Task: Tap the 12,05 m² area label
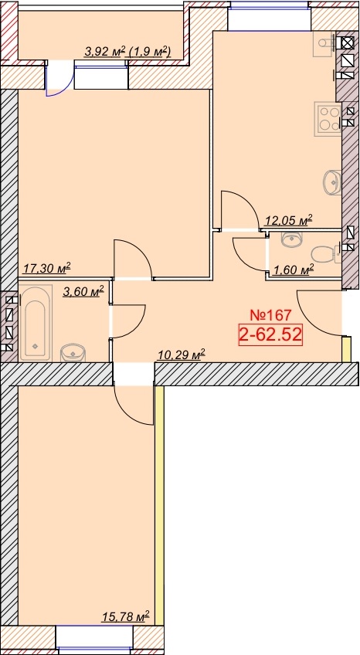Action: coord(289,220)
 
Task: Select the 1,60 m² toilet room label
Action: coord(293,271)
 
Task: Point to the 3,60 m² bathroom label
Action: coord(83,291)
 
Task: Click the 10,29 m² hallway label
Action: coord(182,355)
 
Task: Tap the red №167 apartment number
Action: coord(270,314)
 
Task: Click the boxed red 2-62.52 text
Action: coord(270,334)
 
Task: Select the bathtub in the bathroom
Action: coord(36,324)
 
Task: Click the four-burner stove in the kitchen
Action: coord(328,118)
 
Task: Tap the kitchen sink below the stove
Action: coord(332,182)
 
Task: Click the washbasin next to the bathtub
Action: coord(73,353)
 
